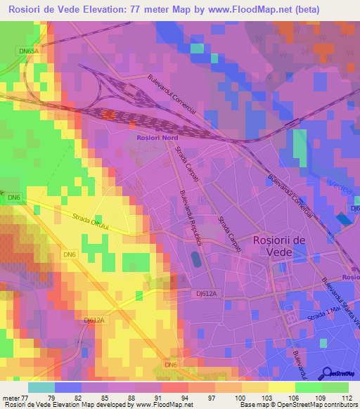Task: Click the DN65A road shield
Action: (27, 51)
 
